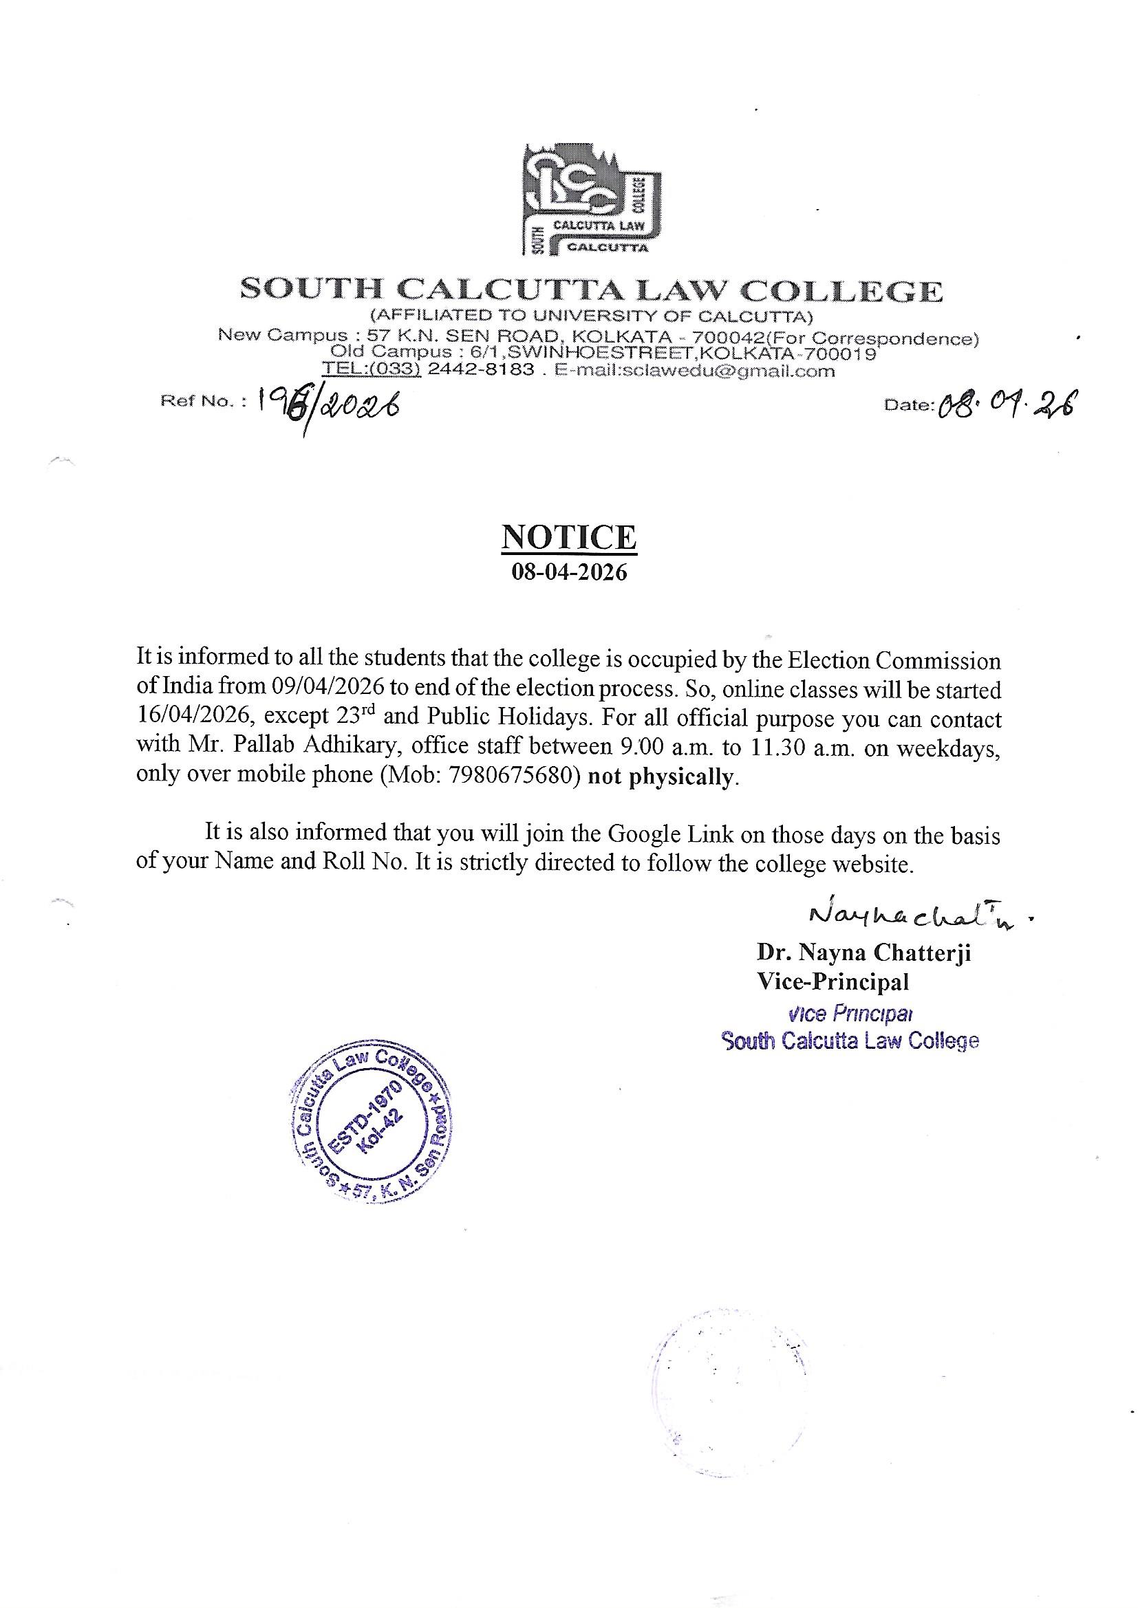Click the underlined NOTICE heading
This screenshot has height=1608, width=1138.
pos(569,538)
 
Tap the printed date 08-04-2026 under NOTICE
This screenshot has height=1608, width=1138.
pos(569,574)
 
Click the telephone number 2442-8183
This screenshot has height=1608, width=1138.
pos(481,371)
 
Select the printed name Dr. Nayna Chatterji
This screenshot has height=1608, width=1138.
pos(863,953)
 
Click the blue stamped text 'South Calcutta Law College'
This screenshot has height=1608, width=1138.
pos(850,1041)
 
